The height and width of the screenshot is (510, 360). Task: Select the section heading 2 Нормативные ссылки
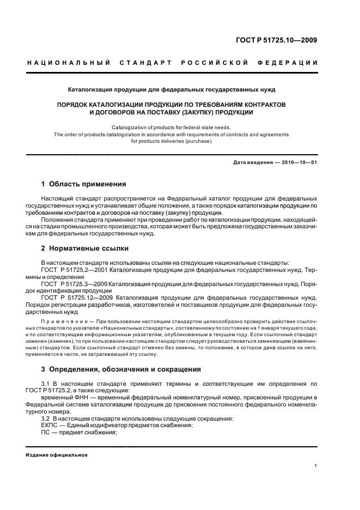click(x=85, y=248)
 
